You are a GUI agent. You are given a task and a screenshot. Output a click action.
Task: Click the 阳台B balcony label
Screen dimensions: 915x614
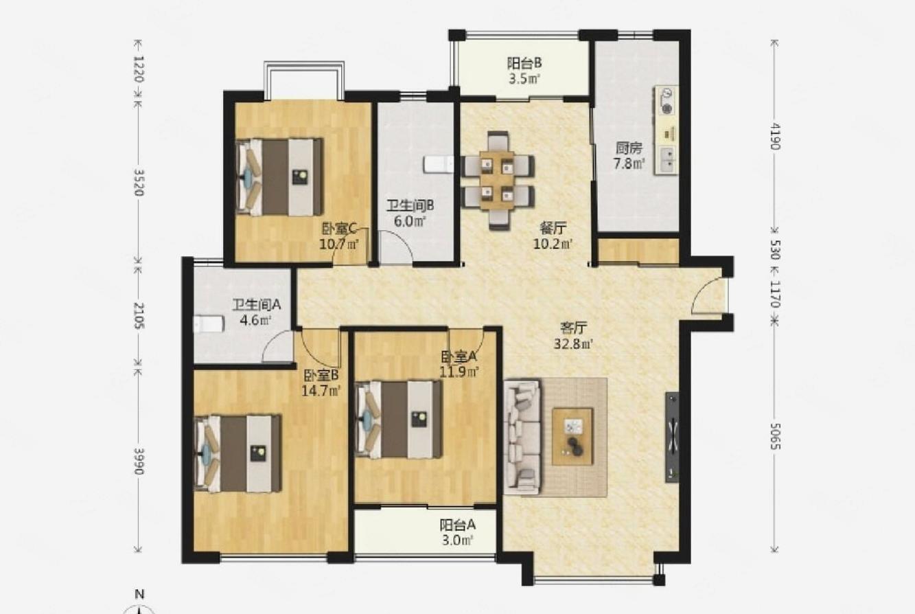pyautogui.click(x=524, y=63)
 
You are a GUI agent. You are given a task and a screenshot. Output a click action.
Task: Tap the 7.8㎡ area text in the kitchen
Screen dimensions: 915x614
pyautogui.click(x=629, y=163)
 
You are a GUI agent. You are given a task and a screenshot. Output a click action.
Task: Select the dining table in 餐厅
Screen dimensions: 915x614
pyautogui.click(x=497, y=180)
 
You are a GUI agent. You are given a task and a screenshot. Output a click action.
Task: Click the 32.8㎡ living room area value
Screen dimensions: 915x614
pyautogui.click(x=573, y=344)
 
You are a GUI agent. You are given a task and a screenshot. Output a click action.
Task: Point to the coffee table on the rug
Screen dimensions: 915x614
pyautogui.click(x=572, y=437)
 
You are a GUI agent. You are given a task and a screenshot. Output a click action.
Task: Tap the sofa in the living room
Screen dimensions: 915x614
pyautogui.click(x=522, y=437)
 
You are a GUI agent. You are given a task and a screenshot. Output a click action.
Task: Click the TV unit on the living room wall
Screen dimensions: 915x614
pyautogui.click(x=672, y=437)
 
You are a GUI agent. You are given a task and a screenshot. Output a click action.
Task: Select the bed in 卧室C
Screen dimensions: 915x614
pyautogui.click(x=280, y=177)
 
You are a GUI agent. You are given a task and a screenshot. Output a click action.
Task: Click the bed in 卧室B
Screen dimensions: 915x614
pyautogui.click(x=238, y=453)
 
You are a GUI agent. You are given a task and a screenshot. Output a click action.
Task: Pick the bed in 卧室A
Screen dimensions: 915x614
pyautogui.click(x=399, y=420)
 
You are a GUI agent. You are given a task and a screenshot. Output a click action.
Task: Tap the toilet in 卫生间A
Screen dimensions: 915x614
pyautogui.click(x=209, y=323)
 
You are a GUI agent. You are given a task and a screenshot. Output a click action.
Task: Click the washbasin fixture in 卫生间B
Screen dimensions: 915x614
pyautogui.click(x=439, y=164)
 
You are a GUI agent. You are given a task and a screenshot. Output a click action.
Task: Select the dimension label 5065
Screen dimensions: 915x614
pyautogui.click(x=775, y=436)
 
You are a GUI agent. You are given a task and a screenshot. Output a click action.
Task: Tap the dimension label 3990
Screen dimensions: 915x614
pyautogui.click(x=139, y=461)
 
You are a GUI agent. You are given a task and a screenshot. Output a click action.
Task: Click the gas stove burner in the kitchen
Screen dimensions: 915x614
pyautogui.click(x=667, y=109)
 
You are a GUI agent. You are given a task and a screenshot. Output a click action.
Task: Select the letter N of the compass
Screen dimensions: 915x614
pyautogui.click(x=140, y=594)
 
